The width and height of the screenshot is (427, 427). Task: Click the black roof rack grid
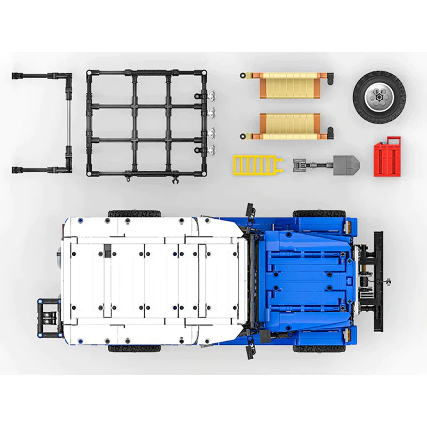point(144,123)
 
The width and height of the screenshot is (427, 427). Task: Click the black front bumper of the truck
point(378,281)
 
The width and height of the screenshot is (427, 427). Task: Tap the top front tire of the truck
point(319,213)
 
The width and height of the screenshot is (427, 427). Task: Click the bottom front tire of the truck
point(319,349)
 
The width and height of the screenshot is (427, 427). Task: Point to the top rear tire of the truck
point(135,213)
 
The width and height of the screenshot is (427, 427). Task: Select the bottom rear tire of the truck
point(135,349)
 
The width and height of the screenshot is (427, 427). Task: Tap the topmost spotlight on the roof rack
point(212,94)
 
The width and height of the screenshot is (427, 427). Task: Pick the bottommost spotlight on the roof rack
point(212,149)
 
